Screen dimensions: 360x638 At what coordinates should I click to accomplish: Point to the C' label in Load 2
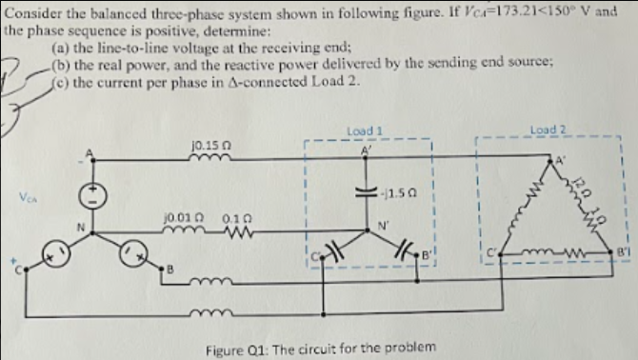pyautogui.click(x=491, y=252)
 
